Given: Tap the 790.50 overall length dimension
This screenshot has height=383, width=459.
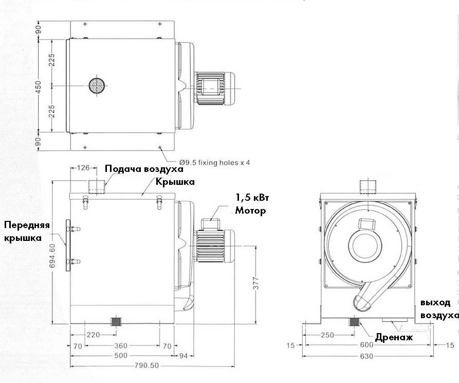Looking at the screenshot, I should click(x=146, y=366).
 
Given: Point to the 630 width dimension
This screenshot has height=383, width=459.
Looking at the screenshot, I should click(x=366, y=356).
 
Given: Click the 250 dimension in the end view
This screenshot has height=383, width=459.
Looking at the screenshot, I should click(x=327, y=335).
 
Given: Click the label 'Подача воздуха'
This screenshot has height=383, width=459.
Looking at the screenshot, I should click(x=144, y=169).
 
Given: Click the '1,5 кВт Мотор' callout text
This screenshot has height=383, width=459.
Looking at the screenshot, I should click(x=252, y=204).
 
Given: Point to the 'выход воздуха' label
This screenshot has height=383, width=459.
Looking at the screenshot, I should click(x=438, y=309).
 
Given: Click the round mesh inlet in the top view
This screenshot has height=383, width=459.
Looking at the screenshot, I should click(x=97, y=85).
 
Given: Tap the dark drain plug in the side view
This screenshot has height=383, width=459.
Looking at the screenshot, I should click(x=117, y=321).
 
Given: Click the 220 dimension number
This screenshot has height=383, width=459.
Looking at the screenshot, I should click(x=93, y=335).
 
